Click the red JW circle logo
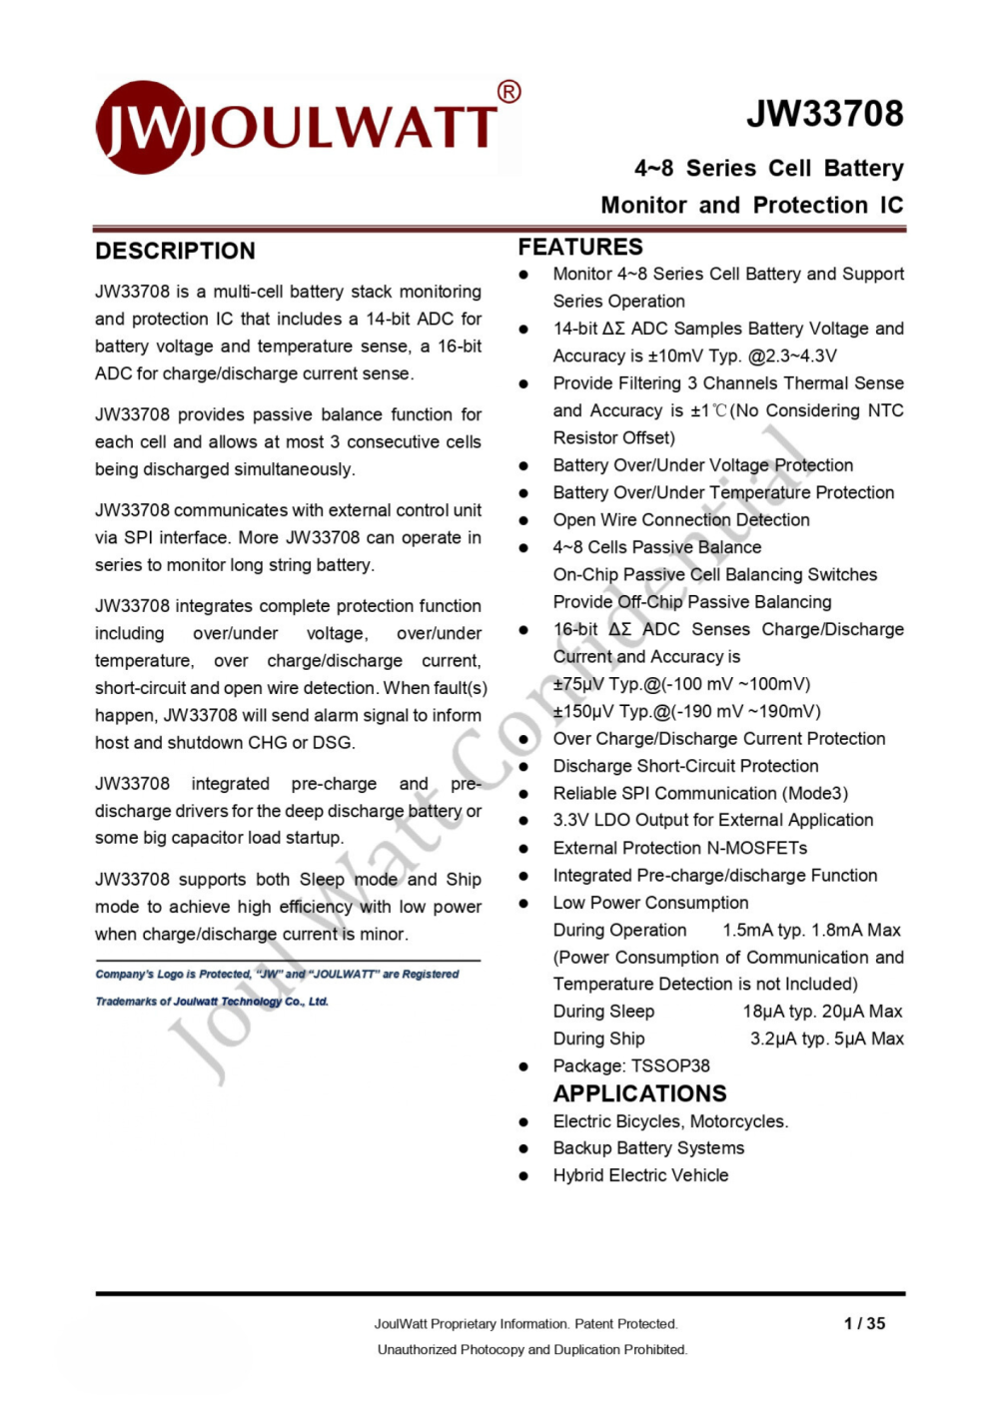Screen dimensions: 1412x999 coord(142,127)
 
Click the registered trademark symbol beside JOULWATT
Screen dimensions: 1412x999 coord(508,92)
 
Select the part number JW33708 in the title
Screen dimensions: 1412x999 coord(824,114)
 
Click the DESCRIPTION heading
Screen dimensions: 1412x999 coord(175,251)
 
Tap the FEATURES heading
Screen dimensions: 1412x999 coord(579,247)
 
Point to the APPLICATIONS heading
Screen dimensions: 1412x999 coord(639,1093)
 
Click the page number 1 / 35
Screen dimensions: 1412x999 coord(864,1323)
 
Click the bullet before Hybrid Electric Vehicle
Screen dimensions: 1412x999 coord(523,1176)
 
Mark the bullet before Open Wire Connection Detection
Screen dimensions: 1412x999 coord(523,520)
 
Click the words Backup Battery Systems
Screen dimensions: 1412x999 coord(648,1148)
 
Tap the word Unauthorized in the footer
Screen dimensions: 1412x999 coord(417,1349)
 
